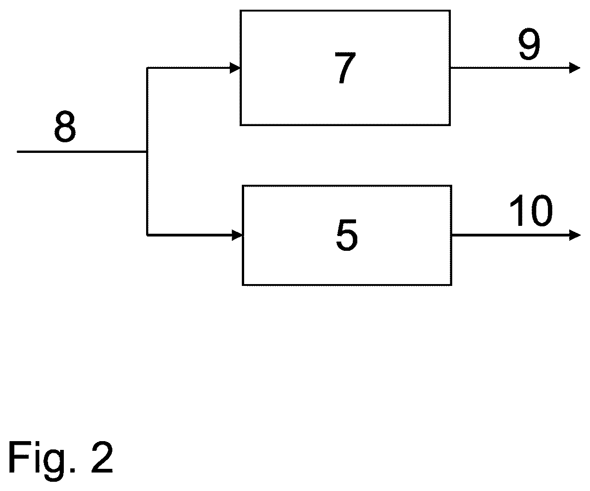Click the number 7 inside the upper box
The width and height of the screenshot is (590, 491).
[345, 68]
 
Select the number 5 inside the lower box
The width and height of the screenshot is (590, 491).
[347, 236]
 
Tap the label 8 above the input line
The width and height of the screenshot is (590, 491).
[65, 126]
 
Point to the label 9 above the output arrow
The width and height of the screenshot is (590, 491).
[529, 44]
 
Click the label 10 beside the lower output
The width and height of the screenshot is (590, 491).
[531, 211]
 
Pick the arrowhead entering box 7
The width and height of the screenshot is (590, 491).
[235, 68]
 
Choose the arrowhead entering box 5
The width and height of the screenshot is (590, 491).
[237, 235]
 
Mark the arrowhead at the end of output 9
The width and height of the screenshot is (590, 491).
[575, 68]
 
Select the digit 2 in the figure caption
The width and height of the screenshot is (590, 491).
[102, 457]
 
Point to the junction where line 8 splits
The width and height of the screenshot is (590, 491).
[147, 152]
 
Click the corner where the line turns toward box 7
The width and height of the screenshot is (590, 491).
[147, 68]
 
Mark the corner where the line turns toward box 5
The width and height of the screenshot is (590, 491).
[147, 235]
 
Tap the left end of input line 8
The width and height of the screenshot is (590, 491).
[18, 152]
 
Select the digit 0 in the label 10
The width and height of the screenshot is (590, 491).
[542, 211]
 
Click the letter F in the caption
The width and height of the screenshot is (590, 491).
[18, 457]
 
